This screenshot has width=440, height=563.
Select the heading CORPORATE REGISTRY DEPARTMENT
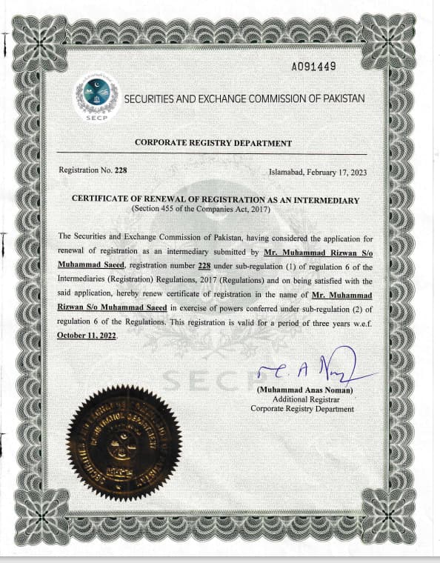(x=213, y=143)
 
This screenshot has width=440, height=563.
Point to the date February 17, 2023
(x=334, y=171)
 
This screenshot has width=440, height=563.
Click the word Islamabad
(x=288, y=171)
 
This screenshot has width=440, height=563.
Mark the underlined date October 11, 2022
(x=87, y=336)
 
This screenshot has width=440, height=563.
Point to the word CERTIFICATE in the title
(x=104, y=200)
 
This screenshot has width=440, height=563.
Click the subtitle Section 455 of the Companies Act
(x=201, y=210)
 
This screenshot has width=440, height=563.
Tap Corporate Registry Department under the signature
(x=301, y=409)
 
